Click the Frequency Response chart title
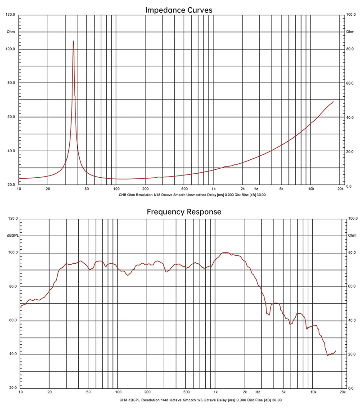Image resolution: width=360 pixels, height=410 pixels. click(184, 212)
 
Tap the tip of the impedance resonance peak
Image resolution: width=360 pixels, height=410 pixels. click(73, 41)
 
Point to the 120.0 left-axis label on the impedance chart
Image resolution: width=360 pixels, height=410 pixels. click(10, 15)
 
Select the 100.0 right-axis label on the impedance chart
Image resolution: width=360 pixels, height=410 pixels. click(350, 15)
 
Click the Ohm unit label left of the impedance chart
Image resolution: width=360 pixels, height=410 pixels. click(11, 32)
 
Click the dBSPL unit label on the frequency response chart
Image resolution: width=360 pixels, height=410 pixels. click(12, 235)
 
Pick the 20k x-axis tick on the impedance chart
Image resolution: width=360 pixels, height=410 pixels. click(340, 189)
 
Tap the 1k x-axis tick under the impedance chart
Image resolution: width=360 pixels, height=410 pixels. click(213, 189)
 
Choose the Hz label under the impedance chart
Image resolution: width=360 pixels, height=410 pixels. click(256, 189)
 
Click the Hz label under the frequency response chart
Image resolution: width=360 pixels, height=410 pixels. click(258, 392)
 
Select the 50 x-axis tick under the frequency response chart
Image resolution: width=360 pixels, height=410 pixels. click(88, 392)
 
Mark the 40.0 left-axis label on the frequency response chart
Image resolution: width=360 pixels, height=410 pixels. click(12, 354)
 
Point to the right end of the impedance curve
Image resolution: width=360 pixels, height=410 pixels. click(333, 102)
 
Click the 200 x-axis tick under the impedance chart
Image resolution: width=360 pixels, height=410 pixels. click(145, 189)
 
